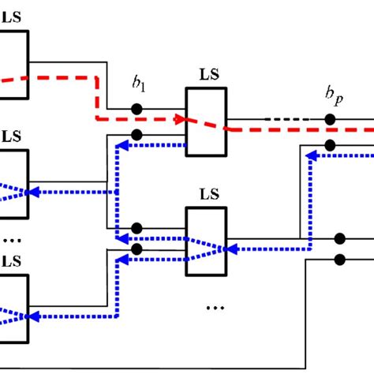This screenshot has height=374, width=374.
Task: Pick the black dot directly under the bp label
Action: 329,121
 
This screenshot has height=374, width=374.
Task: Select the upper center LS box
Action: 207,120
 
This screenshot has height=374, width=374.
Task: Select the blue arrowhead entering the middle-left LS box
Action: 32,192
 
